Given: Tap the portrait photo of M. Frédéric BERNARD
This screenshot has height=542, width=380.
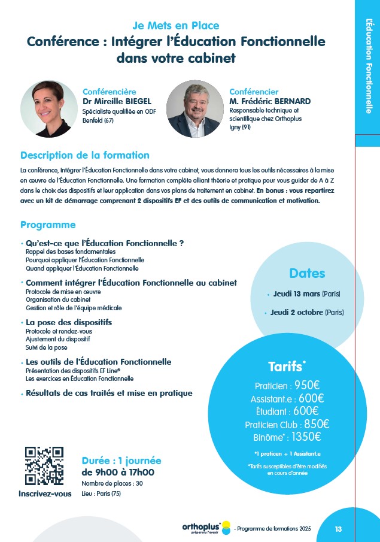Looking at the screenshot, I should pyautogui.click(x=194, y=109).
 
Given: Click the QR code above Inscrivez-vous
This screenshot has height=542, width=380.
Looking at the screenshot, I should pyautogui.click(x=44, y=466).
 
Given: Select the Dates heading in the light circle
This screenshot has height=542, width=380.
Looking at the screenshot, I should pyautogui.click(x=307, y=273).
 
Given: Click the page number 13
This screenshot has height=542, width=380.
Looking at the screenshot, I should pyautogui.click(x=338, y=529).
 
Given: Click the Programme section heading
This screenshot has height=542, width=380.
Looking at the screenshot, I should pyautogui.click(x=48, y=225).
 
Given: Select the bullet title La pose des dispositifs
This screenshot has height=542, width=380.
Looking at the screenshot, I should pyautogui.click(x=69, y=322).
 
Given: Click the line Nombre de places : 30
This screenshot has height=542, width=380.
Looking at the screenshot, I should pyautogui.click(x=112, y=483).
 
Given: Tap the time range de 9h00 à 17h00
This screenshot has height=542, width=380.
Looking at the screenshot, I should pyautogui.click(x=118, y=472).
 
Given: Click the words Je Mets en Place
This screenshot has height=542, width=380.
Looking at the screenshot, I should pyautogui.click(x=175, y=25).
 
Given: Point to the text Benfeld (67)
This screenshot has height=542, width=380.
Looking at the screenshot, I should pyautogui.click(x=98, y=120).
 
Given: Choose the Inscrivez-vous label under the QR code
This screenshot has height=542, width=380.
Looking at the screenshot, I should pyautogui.click(x=45, y=493).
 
